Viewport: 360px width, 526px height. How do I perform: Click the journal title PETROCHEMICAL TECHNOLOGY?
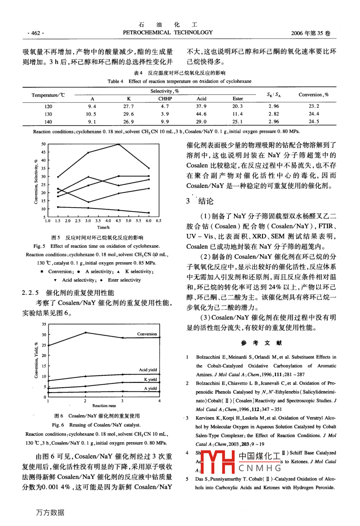pyautogui.click(x=168, y=32)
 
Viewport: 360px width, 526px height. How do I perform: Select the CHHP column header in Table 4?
pyautogui.click(x=165, y=98)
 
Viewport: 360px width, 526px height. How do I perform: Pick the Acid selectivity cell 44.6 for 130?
pyautogui.click(x=202, y=114)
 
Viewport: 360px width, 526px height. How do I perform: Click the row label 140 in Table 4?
pyautogui.click(x=48, y=122)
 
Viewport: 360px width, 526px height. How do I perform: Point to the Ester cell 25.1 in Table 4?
pyautogui.click(x=238, y=122)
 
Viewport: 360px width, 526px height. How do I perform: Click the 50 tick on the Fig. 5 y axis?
pyautogui.click(x=43, y=144)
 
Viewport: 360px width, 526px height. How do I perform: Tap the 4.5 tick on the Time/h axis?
pyautogui.click(x=118, y=221)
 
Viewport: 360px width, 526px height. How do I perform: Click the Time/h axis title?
pyautogui.click(x=103, y=228)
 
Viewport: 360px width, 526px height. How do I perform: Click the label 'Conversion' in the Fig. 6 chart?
pyautogui.click(x=147, y=334)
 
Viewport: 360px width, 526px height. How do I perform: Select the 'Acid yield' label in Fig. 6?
pyautogui.click(x=148, y=370)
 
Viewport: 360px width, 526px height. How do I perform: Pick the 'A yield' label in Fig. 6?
pyautogui.click(x=151, y=388)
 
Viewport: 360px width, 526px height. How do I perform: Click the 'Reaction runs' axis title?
pyautogui.click(x=104, y=406)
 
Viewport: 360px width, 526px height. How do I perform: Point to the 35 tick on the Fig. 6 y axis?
pyautogui.click(x=44, y=325)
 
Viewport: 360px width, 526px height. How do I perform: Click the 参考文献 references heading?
pyautogui.click(x=261, y=343)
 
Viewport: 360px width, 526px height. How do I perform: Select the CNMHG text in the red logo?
pyautogui.click(x=260, y=468)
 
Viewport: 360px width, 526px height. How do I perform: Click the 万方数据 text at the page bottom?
pyautogui.click(x=50, y=513)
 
